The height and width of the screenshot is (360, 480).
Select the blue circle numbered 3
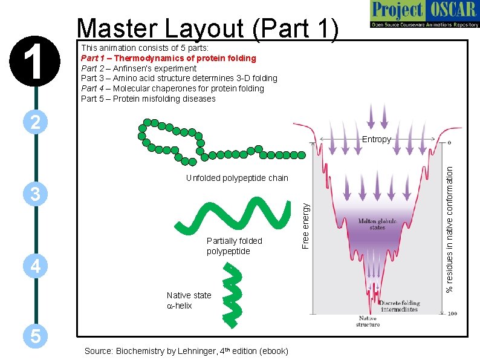[x=36, y=195]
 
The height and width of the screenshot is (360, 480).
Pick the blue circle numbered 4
[x=36, y=266]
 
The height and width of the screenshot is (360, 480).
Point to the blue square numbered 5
[x=36, y=336]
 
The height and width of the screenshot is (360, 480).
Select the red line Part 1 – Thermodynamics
[x=169, y=58]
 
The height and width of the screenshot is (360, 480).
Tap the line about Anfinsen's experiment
[x=138, y=68]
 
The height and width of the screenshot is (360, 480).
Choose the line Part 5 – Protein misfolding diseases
[x=148, y=99]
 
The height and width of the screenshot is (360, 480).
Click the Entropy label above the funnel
[x=376, y=139]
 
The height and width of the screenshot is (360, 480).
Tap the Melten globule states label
[x=377, y=224]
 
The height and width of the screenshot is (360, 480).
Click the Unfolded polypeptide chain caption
[x=237, y=178]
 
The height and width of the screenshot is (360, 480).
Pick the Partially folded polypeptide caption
[x=234, y=246]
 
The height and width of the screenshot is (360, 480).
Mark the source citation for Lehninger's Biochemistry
[x=186, y=351]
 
